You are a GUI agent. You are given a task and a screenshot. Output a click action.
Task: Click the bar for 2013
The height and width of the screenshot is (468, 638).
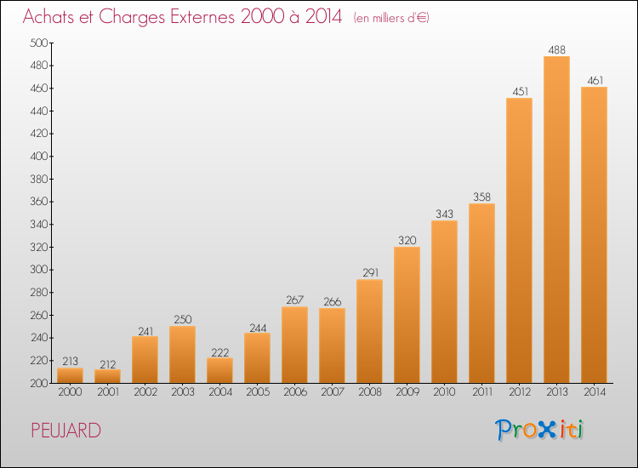[556, 220]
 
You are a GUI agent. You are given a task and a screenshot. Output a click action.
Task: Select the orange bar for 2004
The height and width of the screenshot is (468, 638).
[219, 370]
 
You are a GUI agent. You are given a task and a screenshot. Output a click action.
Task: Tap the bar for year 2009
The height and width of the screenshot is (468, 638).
[407, 315]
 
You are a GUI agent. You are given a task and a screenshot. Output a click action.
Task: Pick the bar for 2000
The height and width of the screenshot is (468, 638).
[70, 375]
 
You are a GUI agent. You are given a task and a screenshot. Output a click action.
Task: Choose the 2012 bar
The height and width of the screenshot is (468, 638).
[519, 241]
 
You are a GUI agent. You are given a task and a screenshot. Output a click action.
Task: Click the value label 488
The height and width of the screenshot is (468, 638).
[556, 49]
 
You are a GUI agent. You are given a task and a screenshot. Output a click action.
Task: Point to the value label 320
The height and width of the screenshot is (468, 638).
[407, 240]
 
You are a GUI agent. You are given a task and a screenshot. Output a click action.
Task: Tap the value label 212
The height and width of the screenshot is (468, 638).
[108, 364]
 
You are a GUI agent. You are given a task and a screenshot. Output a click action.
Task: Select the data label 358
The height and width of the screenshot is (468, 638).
[481, 197]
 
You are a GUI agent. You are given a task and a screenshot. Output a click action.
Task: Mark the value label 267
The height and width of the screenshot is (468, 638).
[294, 300]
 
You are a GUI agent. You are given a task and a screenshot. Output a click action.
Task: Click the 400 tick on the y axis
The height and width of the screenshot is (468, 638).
[39, 157]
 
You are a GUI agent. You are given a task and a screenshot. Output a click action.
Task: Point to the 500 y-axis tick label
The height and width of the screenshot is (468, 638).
[39, 43]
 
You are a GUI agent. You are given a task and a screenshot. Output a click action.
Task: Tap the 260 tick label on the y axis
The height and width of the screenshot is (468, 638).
[39, 315]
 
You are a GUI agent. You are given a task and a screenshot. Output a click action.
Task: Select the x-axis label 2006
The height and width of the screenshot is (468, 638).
[295, 392]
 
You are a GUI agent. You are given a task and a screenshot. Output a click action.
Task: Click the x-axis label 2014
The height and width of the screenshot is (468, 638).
[595, 392]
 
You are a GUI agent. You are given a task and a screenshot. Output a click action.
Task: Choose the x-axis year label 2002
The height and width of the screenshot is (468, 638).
[145, 392]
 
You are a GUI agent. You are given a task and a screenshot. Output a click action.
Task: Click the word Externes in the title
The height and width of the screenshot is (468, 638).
[202, 16]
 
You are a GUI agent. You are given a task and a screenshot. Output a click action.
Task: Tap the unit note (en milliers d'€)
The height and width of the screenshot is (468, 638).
[391, 18]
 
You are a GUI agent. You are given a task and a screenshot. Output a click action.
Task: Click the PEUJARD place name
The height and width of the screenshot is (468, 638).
[66, 431]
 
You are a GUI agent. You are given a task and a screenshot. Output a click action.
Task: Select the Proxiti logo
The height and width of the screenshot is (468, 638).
[539, 430]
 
